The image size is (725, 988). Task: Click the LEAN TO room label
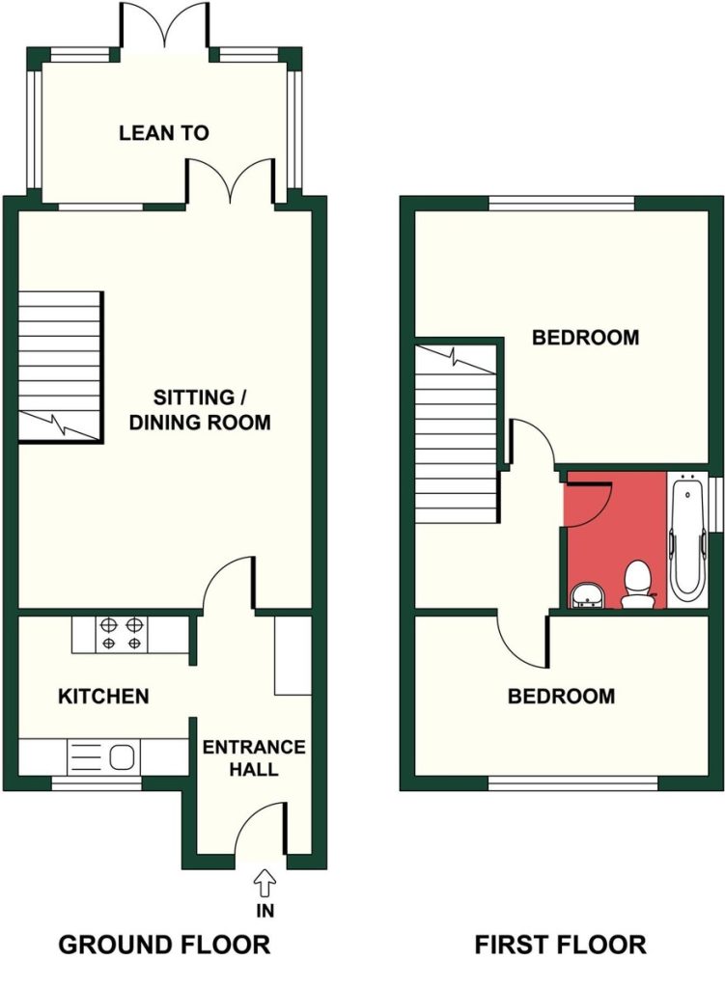click(x=163, y=133)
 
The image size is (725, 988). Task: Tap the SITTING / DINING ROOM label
click(x=200, y=409)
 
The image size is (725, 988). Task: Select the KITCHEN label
click(x=103, y=697)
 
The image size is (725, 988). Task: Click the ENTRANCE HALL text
click(x=254, y=758)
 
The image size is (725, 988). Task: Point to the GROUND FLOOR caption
click(x=164, y=946)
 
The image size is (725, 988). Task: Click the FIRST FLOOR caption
click(x=560, y=946)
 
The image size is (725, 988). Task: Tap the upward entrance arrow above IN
click(x=265, y=884)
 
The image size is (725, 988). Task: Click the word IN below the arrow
click(x=265, y=911)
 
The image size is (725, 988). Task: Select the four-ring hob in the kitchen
click(x=122, y=634)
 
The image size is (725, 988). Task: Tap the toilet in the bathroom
click(x=637, y=585)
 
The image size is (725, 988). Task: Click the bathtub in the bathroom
click(x=687, y=539)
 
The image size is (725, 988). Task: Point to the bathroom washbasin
click(x=588, y=595)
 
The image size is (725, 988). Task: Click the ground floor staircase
click(x=60, y=366)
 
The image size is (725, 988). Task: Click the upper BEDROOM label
click(x=586, y=338)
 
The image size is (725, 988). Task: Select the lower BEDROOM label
click(x=561, y=697)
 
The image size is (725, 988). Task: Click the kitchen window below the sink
click(x=97, y=783)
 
